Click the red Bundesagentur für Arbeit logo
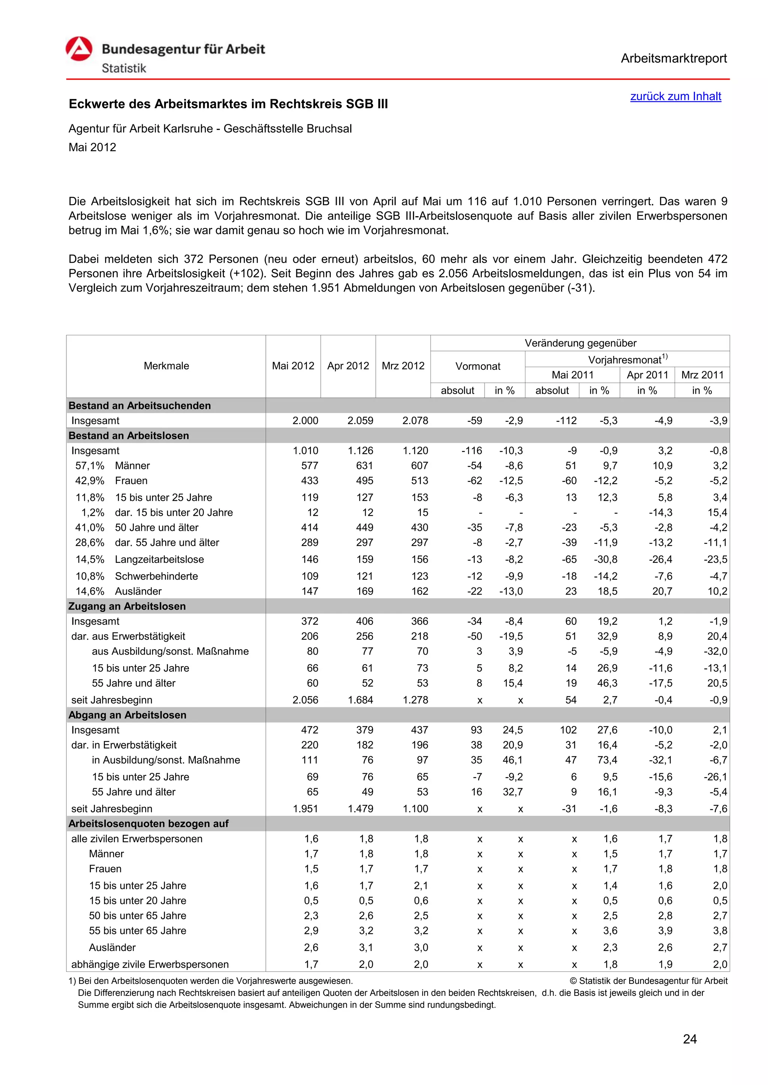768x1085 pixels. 79,49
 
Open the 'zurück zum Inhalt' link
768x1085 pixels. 675,96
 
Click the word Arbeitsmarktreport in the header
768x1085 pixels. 673,58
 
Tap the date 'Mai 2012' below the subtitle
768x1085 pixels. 92,148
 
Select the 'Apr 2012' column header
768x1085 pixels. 348,366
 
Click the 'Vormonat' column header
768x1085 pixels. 478,366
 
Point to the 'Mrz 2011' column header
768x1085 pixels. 702,375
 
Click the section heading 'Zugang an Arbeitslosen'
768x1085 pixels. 127,606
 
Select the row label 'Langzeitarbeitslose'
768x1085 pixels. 159,559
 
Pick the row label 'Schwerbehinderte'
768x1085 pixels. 156,576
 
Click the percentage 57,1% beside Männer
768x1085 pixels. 90,466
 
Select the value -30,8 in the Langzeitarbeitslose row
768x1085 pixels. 605,559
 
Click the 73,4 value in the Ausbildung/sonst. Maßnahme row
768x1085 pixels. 607,760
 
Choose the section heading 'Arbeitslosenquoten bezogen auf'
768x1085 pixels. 148,823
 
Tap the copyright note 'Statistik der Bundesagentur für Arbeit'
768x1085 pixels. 648,981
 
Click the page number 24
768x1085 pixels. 690,1039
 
